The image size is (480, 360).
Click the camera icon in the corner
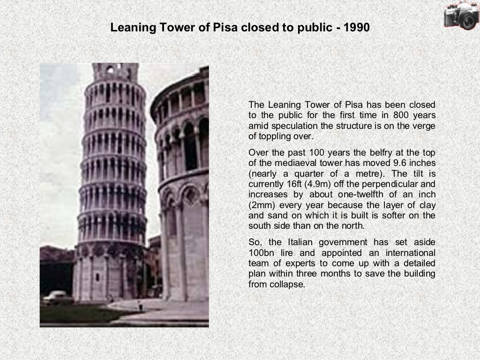coord(461,15)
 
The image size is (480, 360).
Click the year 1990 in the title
coord(357,28)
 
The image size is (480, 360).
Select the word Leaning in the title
coord(131,28)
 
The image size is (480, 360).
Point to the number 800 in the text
coord(402,115)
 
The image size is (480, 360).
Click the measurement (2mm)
coord(262,205)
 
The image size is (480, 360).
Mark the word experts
coord(296,263)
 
